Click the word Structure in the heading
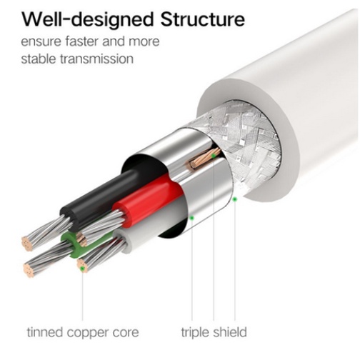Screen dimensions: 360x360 pos(202,19)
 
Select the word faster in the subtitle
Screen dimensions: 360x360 pos(81,41)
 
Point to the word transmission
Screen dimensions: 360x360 pos(96,59)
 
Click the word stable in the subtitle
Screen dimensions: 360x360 pos(39,59)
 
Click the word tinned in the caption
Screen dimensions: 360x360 pos(45,332)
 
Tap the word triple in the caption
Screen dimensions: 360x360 pos(195,333)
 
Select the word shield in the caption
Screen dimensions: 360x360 pos(230,332)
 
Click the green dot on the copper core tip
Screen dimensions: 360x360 pos(83,269)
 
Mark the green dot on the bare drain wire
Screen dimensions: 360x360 pos(214,156)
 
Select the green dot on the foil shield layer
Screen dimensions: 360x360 pos(192,218)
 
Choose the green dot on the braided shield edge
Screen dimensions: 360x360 pos(235,199)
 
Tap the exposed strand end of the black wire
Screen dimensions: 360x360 pos(27,244)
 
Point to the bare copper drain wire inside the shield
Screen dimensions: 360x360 pos(205,158)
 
